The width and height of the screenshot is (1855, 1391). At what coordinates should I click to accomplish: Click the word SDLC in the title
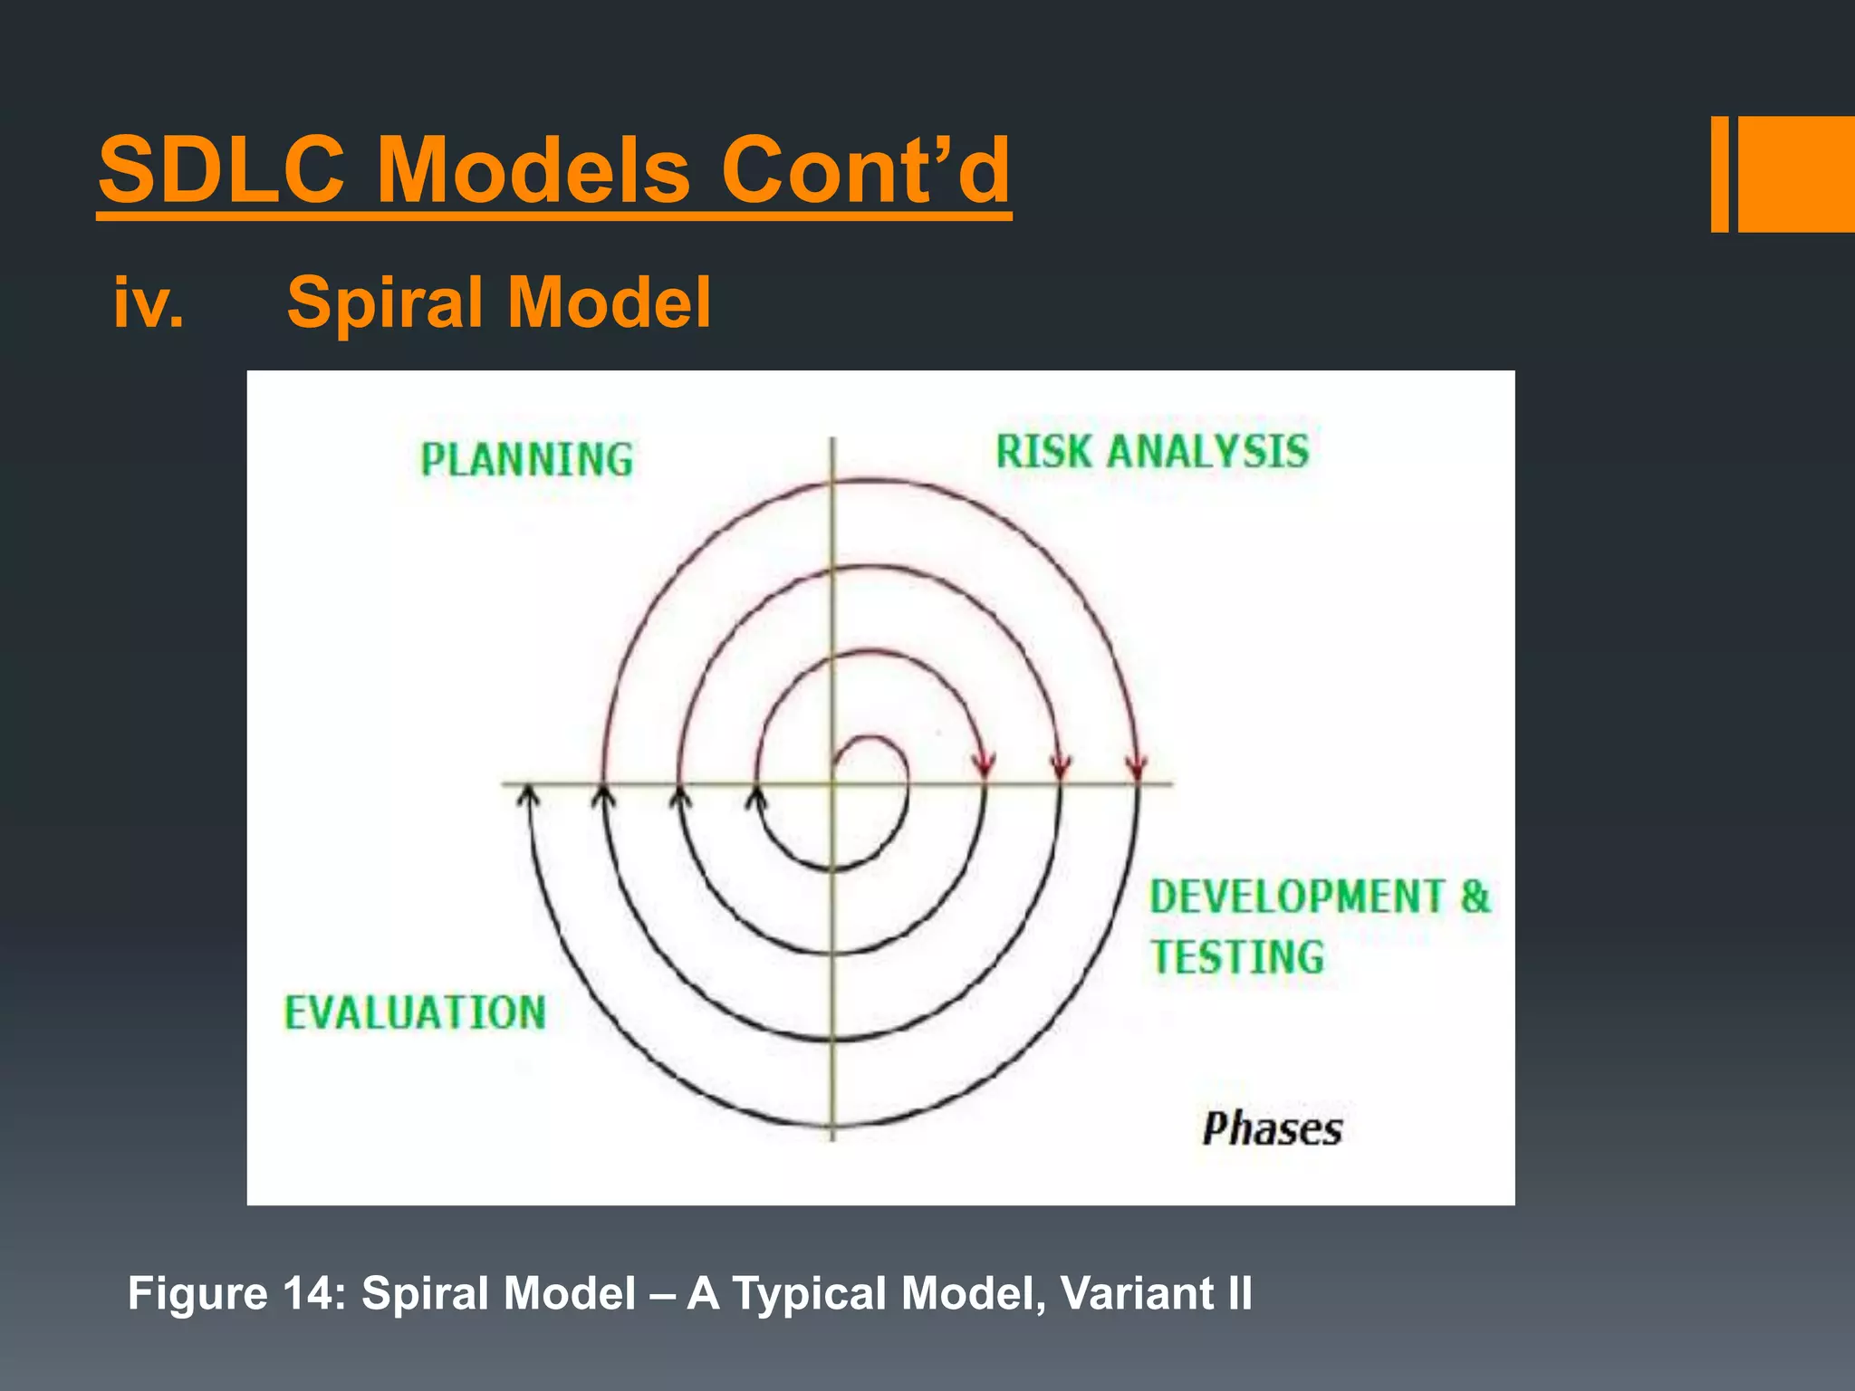[x=221, y=170]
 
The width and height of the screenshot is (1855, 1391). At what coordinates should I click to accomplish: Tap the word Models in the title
[x=533, y=170]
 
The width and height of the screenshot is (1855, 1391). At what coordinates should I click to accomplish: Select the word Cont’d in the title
[x=865, y=170]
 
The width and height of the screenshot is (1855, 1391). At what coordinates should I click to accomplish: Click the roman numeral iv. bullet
[x=149, y=302]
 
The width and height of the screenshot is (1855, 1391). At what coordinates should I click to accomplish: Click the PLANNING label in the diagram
[x=526, y=459]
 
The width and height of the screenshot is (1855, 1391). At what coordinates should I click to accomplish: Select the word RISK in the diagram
[x=1043, y=451]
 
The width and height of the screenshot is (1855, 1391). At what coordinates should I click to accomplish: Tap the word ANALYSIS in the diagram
[x=1208, y=451]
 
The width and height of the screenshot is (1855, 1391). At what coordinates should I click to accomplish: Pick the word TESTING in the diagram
[x=1237, y=957]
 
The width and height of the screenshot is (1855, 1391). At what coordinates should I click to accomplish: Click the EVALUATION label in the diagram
[x=415, y=1012]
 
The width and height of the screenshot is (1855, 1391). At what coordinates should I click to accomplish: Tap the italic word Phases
[x=1272, y=1129]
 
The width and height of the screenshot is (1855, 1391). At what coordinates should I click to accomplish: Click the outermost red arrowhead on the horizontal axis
[x=1137, y=769]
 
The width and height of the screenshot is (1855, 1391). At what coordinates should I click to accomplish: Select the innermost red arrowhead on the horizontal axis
[x=985, y=767]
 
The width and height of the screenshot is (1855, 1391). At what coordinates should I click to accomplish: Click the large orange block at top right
[x=1796, y=174]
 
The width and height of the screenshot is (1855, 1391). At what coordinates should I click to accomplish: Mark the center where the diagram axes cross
[x=833, y=783]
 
